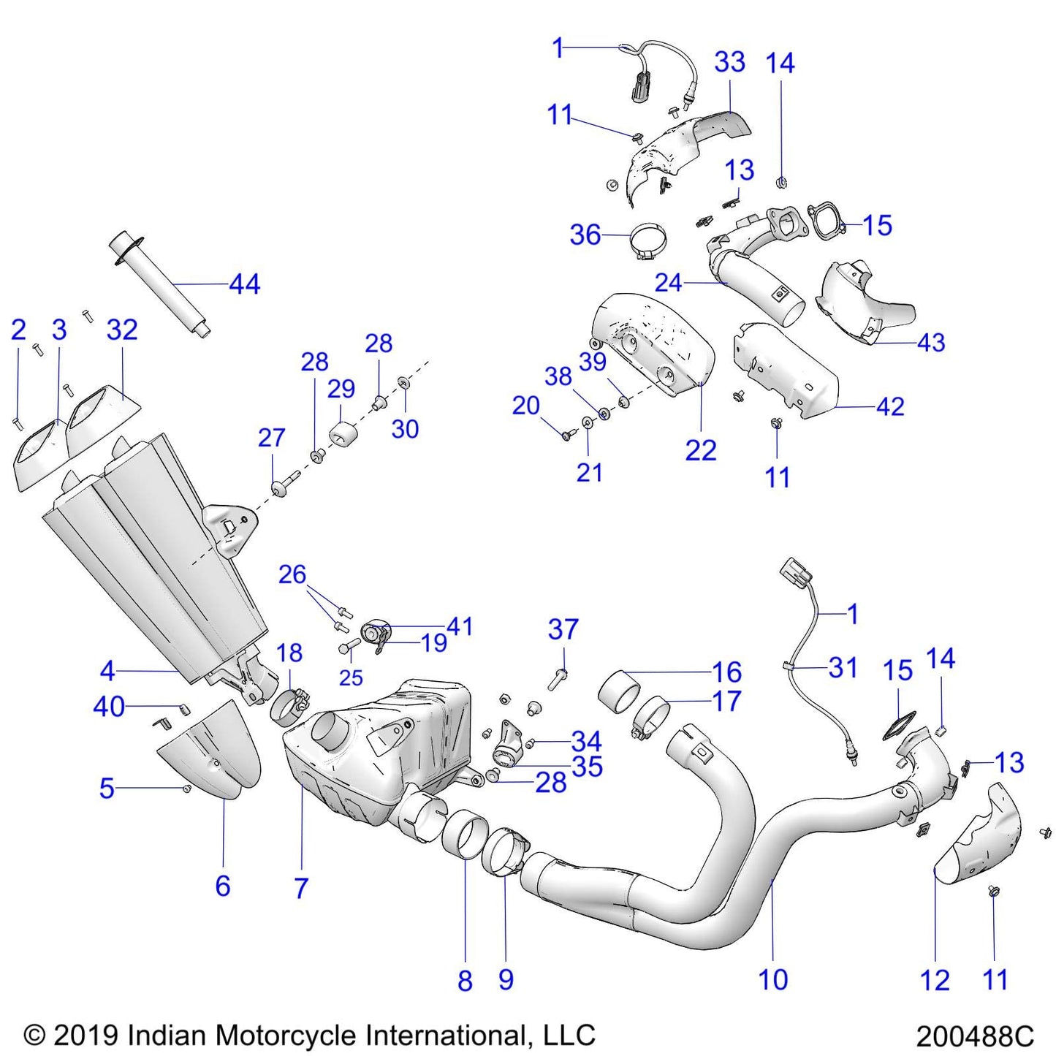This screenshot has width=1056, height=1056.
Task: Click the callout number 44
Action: pos(245,284)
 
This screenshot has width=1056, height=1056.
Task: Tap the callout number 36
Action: pos(585,235)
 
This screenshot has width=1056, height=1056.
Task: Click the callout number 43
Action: pos(930,342)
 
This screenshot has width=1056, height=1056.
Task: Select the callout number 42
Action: pos(890,406)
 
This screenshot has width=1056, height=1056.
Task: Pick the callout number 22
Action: pos(700,450)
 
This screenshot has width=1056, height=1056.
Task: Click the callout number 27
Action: pos(271,438)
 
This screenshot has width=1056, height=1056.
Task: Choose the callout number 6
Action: pos(223,886)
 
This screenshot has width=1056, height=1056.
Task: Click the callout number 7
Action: pos(301,888)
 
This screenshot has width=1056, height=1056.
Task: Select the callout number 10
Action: pos(773,979)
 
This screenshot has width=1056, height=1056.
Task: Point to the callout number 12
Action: pos(935,980)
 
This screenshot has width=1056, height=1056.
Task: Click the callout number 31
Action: pos(843,667)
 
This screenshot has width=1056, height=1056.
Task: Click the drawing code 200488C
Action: pos(975,1036)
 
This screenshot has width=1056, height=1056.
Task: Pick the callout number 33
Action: pos(729,62)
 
